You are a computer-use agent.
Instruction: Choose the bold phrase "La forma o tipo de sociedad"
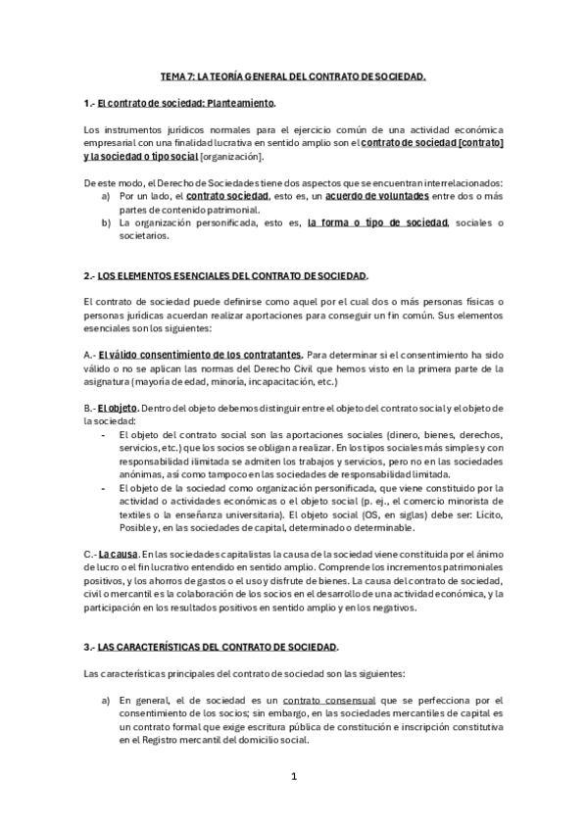(x=377, y=222)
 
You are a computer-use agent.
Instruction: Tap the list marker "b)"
(x=106, y=222)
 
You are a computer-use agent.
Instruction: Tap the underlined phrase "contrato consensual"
(x=320, y=701)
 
